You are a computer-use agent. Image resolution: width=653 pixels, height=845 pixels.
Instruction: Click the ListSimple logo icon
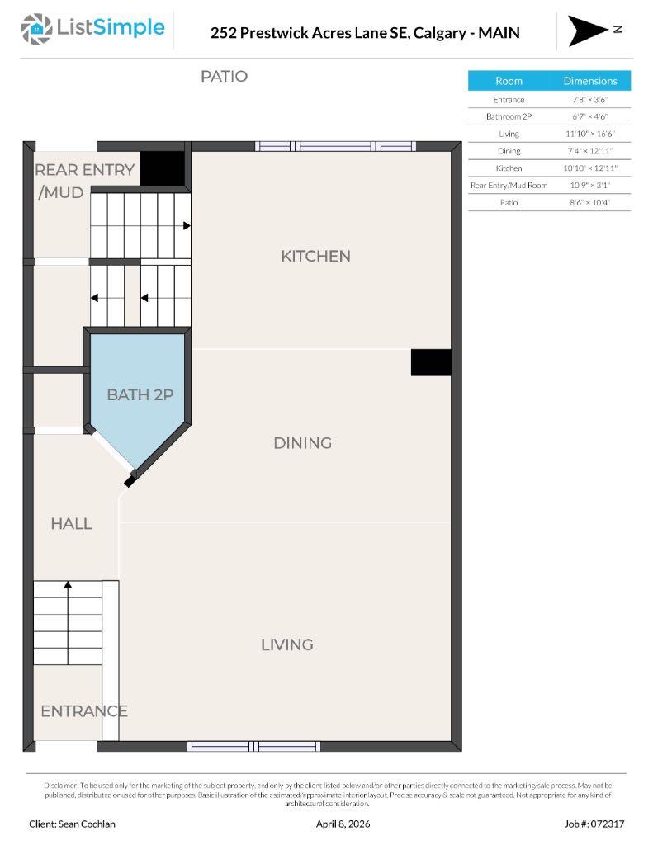click(x=36, y=29)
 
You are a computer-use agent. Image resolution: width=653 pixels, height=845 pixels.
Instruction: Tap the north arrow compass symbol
click(x=588, y=31)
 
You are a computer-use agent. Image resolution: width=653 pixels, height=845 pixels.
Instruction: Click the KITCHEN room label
click(x=315, y=256)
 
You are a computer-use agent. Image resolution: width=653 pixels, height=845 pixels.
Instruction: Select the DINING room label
click(x=302, y=443)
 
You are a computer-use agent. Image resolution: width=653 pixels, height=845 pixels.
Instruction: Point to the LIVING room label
click(x=286, y=644)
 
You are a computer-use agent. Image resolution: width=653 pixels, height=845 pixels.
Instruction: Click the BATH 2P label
click(x=140, y=394)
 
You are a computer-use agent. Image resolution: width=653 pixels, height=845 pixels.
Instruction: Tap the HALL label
click(x=71, y=523)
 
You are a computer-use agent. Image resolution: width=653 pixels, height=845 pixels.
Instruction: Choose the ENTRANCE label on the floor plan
click(x=83, y=710)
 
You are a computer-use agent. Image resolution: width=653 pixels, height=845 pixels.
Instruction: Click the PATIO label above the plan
click(x=224, y=76)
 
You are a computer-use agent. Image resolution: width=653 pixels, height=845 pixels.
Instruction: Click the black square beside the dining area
click(x=431, y=362)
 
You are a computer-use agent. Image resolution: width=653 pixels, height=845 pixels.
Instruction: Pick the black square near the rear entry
click(x=162, y=168)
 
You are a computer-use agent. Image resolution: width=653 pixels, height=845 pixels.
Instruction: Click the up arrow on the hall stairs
click(x=68, y=585)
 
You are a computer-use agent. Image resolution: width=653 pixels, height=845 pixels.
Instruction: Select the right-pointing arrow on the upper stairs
click(x=187, y=225)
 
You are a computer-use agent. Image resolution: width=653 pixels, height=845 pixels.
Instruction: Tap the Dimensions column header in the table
click(x=590, y=81)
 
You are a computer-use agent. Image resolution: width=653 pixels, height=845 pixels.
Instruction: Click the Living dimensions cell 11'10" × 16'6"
click(x=590, y=134)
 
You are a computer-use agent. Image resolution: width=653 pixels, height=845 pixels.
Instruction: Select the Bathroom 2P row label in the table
click(x=509, y=116)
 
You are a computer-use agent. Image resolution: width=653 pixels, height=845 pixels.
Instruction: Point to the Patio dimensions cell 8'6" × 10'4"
click(x=590, y=202)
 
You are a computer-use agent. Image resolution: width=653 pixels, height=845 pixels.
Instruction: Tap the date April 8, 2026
click(x=343, y=824)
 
